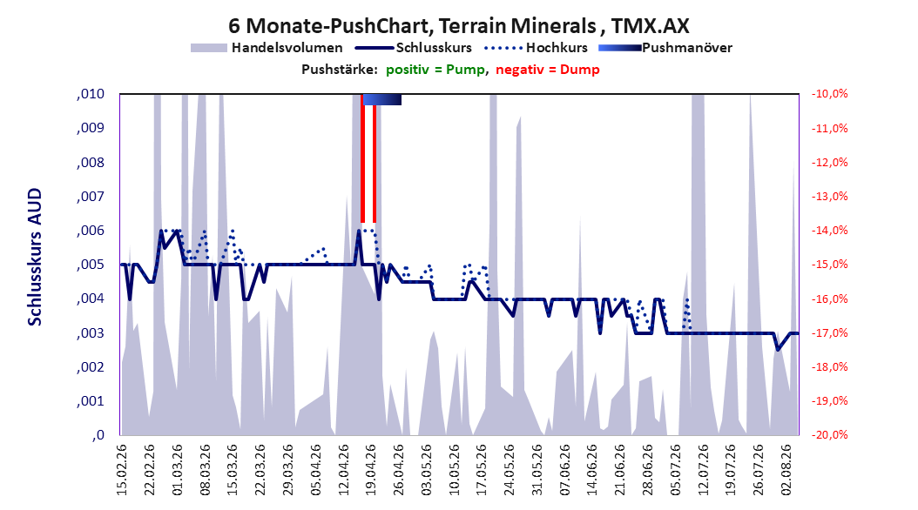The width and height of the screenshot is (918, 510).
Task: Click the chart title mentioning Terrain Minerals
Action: [x=458, y=26]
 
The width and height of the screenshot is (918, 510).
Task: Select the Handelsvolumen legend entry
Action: [x=267, y=48]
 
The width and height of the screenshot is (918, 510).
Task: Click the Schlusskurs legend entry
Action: [x=414, y=48]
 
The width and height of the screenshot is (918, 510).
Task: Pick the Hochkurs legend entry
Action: [x=536, y=48]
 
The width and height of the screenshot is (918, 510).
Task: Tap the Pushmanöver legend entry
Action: [x=665, y=48]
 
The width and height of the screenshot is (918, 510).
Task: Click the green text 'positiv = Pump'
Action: [x=435, y=70]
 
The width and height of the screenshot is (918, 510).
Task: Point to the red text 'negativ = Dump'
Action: [x=548, y=70]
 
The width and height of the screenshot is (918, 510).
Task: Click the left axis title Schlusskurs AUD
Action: [x=35, y=257]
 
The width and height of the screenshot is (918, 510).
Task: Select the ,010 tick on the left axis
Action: [x=91, y=94]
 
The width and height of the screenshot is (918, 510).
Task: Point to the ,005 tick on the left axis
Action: [x=91, y=265]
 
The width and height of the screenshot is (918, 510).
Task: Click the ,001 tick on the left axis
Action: [x=91, y=401]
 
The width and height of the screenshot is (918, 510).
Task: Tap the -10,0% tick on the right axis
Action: [x=829, y=94]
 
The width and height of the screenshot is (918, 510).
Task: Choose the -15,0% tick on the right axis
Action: [x=829, y=265]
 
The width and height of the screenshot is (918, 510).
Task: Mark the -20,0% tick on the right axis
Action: [x=829, y=435]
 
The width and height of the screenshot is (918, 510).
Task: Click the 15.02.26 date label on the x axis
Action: [x=122, y=470]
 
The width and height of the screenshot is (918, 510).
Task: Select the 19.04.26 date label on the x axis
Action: [x=371, y=470]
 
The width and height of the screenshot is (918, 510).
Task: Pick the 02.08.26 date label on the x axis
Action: [x=786, y=470]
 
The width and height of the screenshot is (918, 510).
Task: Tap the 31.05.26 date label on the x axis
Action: [x=537, y=470]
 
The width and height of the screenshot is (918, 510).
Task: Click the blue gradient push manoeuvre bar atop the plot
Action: [x=381, y=99]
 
